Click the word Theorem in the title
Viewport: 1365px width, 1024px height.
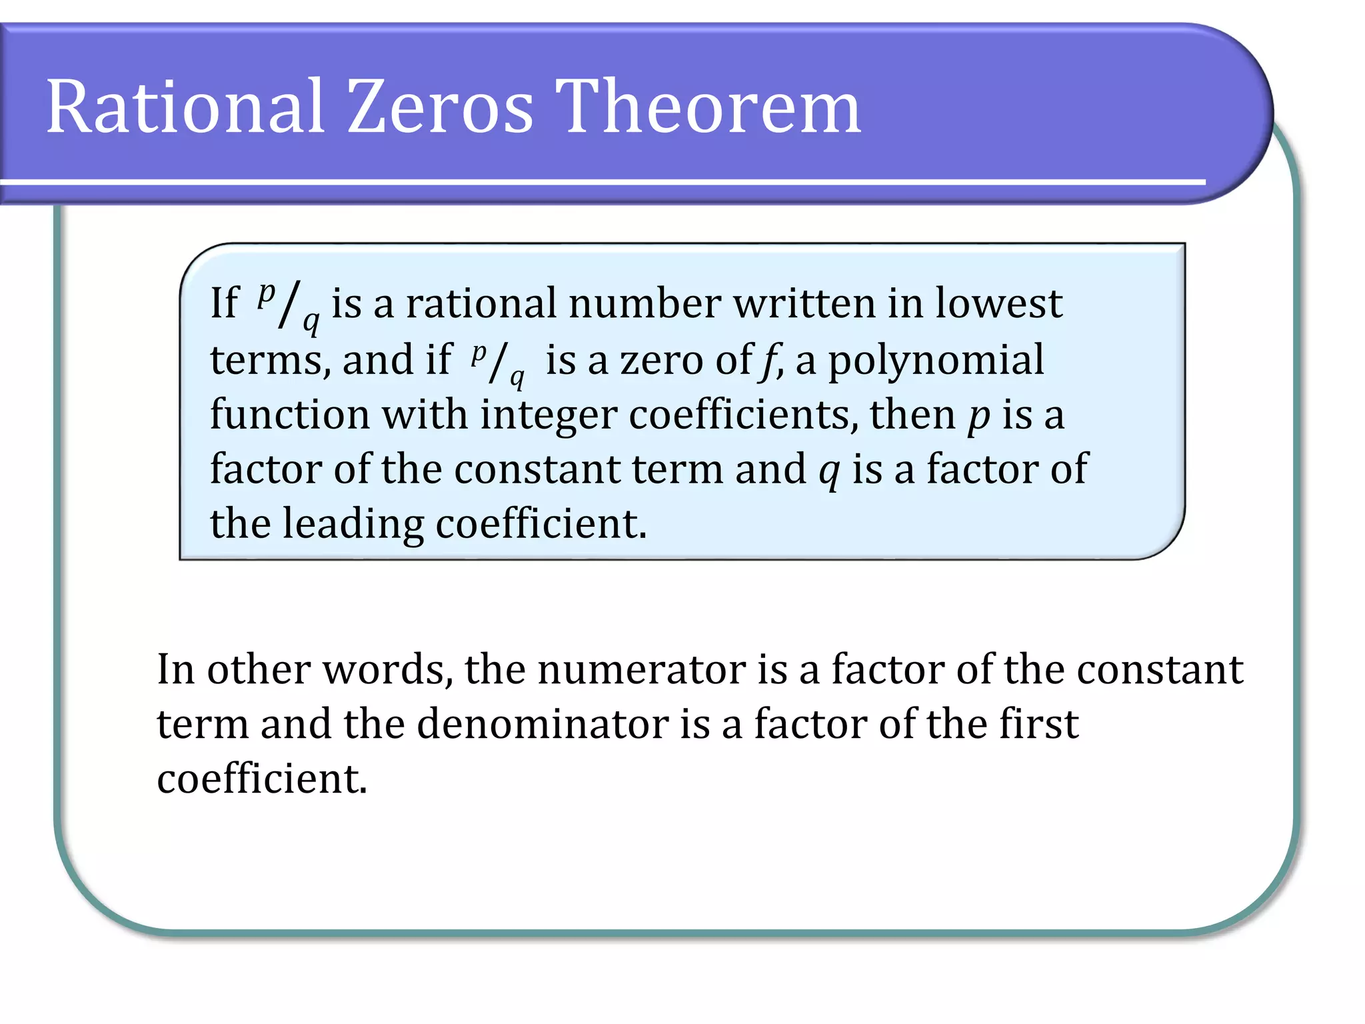[708, 107]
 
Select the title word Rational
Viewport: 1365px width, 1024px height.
[185, 107]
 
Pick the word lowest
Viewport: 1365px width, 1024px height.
[998, 304]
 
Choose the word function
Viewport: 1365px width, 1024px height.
[289, 415]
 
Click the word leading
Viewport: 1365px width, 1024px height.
[353, 524]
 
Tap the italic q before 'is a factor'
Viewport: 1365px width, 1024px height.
[829, 472]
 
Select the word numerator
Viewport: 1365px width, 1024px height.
[641, 669]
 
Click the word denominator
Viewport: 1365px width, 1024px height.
[543, 724]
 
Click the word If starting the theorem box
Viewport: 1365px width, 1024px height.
[224, 304]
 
